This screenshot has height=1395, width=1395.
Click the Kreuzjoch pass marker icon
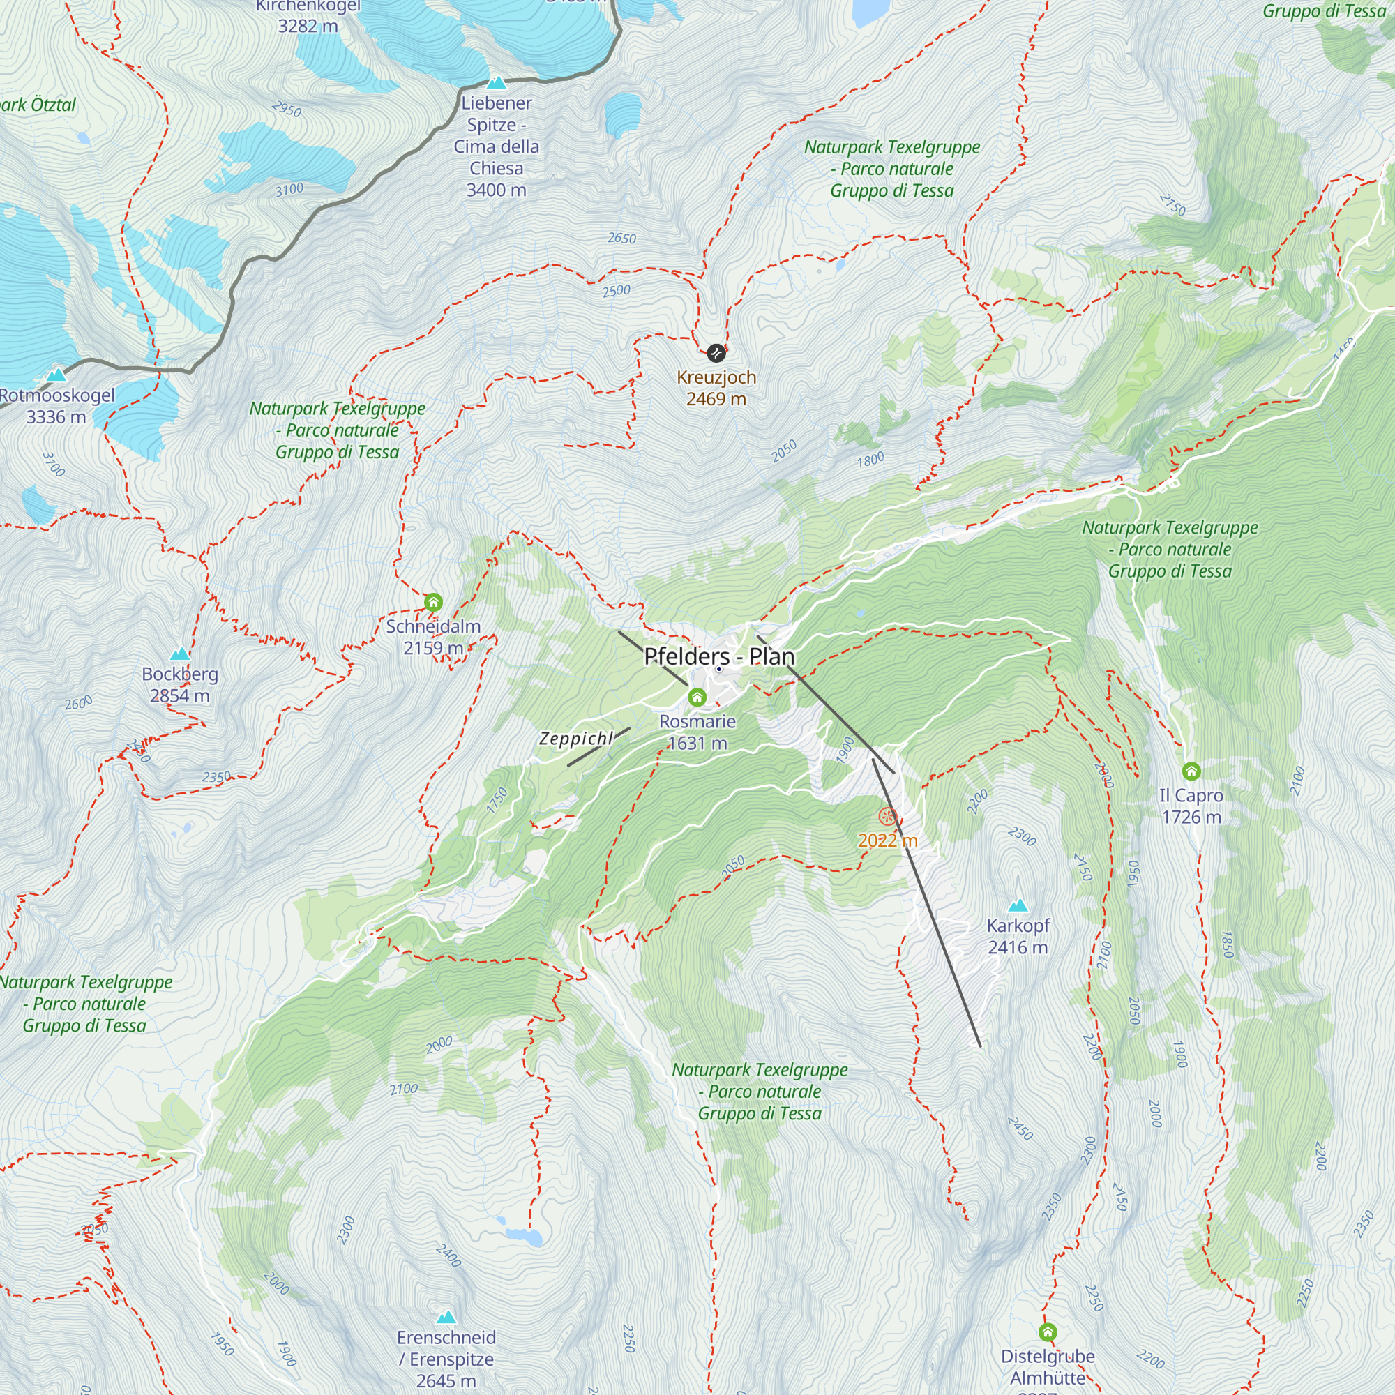click(716, 353)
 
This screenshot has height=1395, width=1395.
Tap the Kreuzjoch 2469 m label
click(716, 388)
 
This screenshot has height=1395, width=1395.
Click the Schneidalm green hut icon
click(433, 602)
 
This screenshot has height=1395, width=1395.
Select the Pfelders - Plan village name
click(719, 656)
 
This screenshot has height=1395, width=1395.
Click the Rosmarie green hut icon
click(697, 697)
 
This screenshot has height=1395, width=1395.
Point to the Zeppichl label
click(575, 739)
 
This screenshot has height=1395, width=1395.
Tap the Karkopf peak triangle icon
click(1018, 905)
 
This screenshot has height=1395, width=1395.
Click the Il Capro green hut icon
click(1191, 771)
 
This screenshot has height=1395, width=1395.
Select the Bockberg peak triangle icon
click(179, 654)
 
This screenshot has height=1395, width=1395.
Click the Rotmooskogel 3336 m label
click(56, 406)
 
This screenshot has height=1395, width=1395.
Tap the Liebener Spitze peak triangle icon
click(496, 82)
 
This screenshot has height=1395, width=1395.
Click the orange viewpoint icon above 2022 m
click(887, 817)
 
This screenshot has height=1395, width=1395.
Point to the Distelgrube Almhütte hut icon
click(1048, 1332)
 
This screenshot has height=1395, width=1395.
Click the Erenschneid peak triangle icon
click(446, 1317)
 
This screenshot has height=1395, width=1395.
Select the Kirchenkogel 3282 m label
click(308, 16)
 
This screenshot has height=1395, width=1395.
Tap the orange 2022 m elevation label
click(887, 840)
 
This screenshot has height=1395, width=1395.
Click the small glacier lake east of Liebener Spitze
click(622, 114)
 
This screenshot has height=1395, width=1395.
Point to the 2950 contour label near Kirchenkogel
click(287, 109)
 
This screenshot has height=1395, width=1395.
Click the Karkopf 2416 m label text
click(1018, 937)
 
